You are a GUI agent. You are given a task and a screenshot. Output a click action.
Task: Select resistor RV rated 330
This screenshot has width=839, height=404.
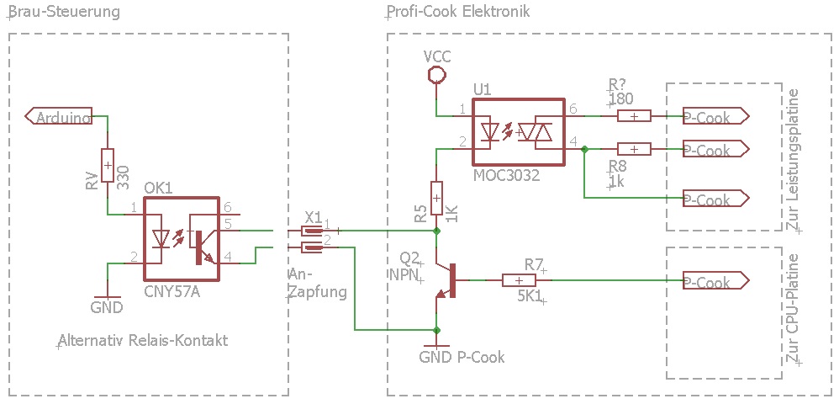tap(108, 166)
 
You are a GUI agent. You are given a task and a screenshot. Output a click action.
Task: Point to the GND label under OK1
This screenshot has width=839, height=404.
tap(107, 307)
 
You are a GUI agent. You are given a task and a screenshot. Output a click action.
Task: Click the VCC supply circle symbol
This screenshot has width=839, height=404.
tap(436, 75)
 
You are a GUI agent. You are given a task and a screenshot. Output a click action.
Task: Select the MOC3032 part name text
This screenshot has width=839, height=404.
tap(506, 176)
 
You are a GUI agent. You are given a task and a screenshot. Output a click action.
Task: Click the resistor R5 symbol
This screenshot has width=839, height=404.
tap(436, 198)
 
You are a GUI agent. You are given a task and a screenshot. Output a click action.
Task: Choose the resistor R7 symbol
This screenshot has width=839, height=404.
tap(520, 282)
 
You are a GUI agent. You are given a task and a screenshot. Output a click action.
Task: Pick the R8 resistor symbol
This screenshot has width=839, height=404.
tap(634, 149)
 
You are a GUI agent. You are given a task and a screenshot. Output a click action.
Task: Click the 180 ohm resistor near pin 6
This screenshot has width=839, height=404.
tap(634, 117)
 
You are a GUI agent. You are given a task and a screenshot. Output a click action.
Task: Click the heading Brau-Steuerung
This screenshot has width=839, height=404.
tap(64, 13)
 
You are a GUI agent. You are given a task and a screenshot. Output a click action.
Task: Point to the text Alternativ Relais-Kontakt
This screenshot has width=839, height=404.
tap(143, 341)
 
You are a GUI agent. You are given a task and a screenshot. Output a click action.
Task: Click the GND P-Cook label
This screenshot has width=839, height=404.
tap(462, 357)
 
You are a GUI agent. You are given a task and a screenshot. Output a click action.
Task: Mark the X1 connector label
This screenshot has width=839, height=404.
tap(313, 215)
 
